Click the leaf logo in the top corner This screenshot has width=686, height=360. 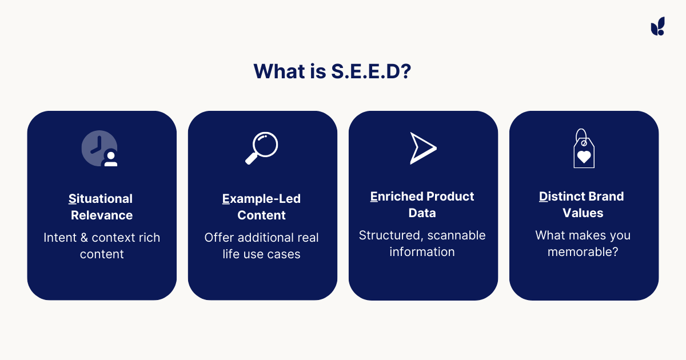[x=657, y=26]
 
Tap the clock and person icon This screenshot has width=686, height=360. [x=100, y=149]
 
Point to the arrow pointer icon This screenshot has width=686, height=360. [x=422, y=148]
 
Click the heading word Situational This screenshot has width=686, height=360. [x=101, y=199]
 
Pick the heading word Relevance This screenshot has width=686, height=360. [x=102, y=215]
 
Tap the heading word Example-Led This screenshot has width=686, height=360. [x=261, y=199]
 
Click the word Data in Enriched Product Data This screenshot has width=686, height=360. [x=422, y=213]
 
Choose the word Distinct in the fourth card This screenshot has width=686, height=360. [x=559, y=197]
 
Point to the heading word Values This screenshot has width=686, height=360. [x=583, y=213]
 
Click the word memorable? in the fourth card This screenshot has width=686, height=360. [x=583, y=252]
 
